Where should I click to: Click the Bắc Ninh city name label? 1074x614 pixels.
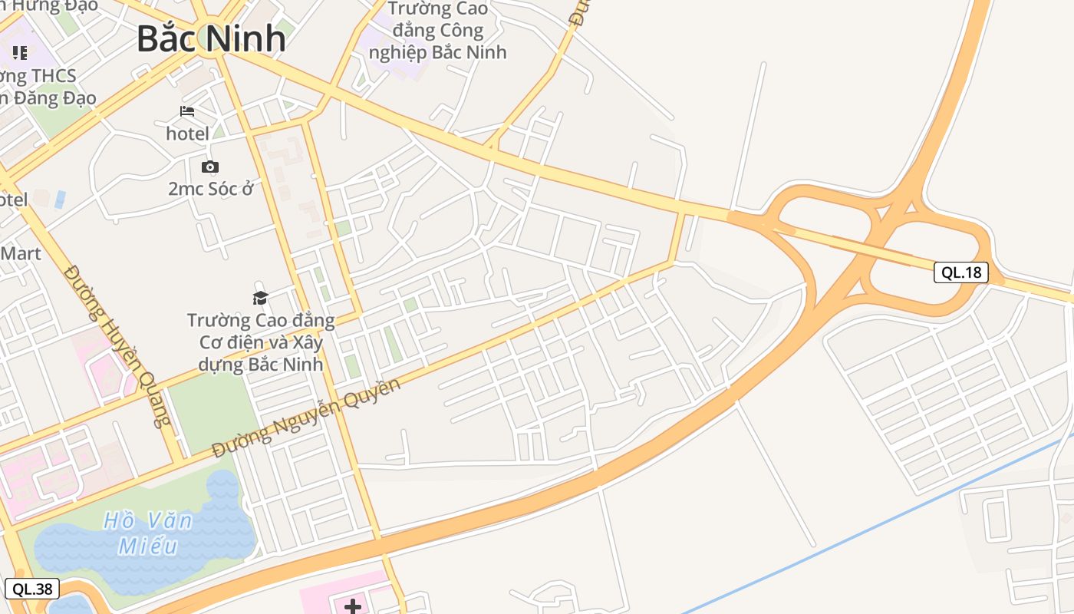tap(211, 38)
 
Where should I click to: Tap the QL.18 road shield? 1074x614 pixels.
tap(960, 272)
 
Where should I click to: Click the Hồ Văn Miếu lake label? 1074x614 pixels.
tap(147, 533)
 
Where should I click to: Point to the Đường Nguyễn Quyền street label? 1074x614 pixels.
tap(306, 418)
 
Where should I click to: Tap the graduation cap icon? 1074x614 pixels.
tap(261, 298)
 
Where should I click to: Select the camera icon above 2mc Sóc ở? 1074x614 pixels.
tap(209, 167)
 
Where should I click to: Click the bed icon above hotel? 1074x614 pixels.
tap(187, 111)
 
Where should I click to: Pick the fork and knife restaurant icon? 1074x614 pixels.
tap(20, 53)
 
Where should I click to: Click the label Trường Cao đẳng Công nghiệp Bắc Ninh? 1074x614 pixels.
tap(438, 31)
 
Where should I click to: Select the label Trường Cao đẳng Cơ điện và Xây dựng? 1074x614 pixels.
tap(261, 342)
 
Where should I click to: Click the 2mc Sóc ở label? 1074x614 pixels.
tap(210, 188)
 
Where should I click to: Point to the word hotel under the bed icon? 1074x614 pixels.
tap(187, 134)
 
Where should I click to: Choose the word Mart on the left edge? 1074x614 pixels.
tap(21, 253)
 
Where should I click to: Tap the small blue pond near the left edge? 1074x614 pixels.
tap(61, 199)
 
